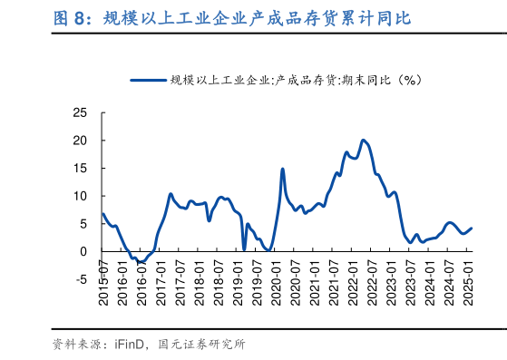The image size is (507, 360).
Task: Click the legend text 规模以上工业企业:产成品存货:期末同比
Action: pos(297,80)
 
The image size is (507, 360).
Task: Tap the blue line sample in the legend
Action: pos(149,80)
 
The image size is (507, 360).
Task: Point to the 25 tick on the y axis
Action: pos(80,113)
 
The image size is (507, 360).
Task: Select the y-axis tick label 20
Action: pos(80,141)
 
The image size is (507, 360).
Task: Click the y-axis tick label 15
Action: pos(80,169)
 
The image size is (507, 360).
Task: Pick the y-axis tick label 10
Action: pos(80,196)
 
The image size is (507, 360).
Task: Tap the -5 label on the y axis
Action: pos(82,278)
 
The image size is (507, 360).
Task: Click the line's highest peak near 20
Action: pos(363,140)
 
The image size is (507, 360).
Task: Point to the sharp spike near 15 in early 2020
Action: pos(283,169)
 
